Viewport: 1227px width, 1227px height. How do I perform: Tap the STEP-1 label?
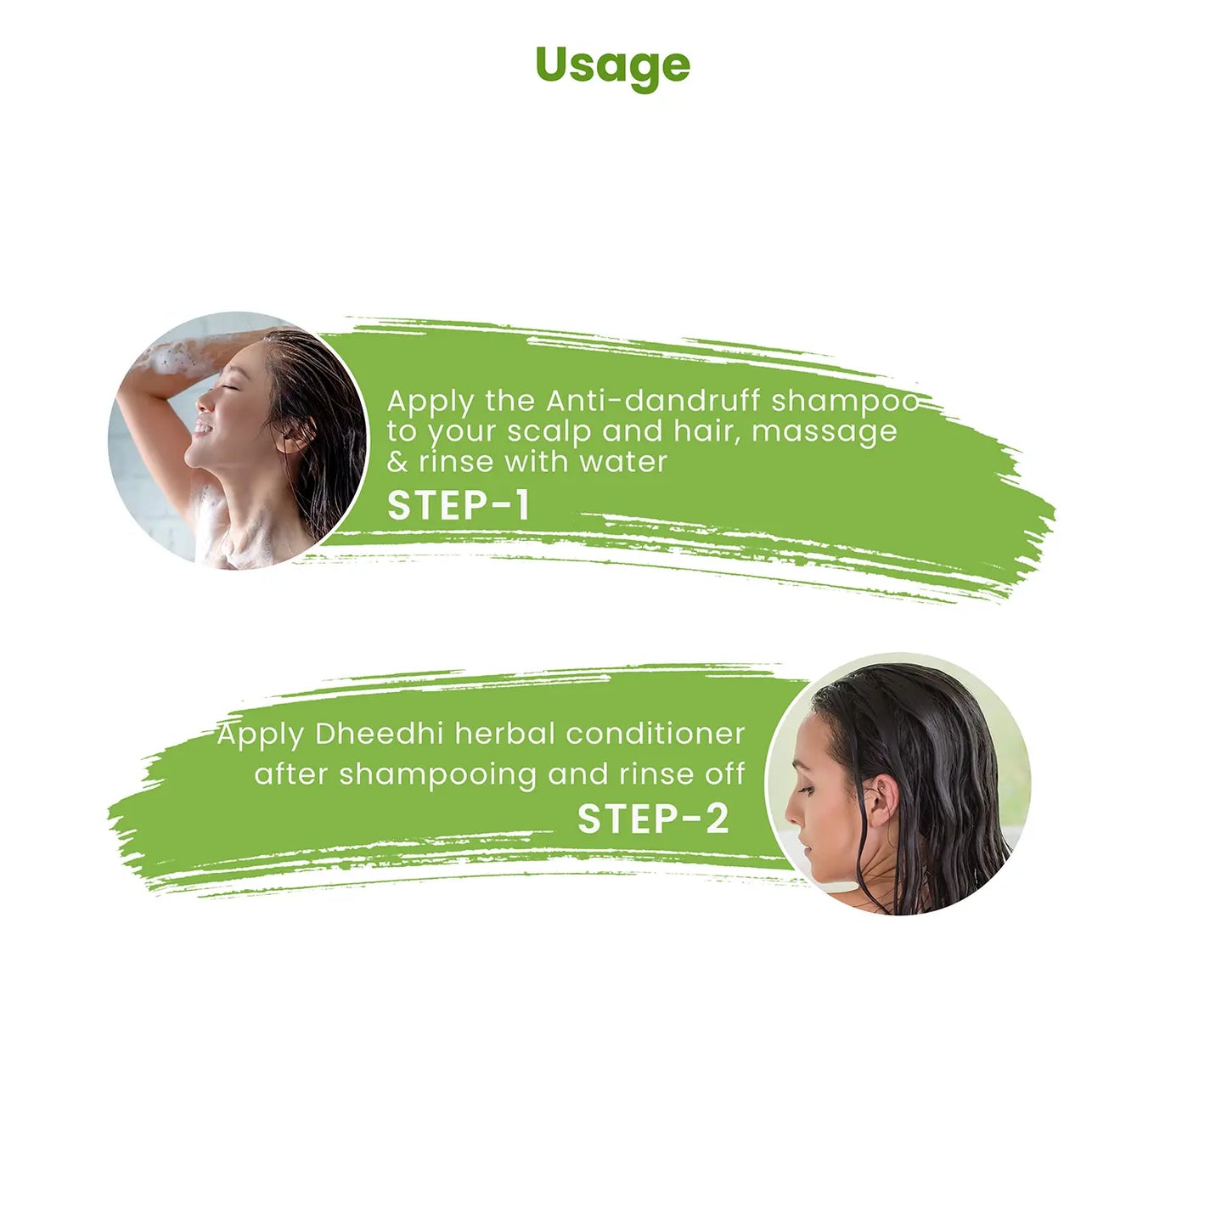[x=459, y=505]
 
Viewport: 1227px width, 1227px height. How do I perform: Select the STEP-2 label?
[x=653, y=819]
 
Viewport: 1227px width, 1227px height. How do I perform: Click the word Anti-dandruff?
[x=653, y=401]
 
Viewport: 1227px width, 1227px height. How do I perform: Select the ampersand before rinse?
[x=397, y=462]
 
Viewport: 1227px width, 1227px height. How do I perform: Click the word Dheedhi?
[x=379, y=734]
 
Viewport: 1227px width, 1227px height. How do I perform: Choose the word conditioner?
[x=656, y=734]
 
